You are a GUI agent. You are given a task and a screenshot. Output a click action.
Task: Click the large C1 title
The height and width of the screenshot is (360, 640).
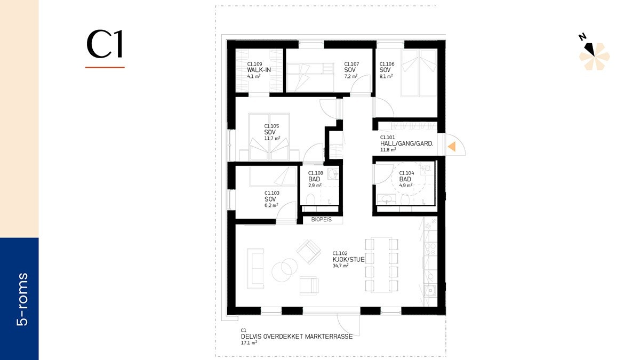(105, 45)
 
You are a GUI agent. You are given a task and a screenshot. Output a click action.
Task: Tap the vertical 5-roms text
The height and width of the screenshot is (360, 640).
(22, 299)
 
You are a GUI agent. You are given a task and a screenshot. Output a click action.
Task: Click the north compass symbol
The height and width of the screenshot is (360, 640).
(593, 54)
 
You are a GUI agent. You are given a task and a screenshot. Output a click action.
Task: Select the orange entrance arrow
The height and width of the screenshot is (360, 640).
(452, 147)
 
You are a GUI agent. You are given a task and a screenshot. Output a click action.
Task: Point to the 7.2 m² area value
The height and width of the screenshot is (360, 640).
(350, 76)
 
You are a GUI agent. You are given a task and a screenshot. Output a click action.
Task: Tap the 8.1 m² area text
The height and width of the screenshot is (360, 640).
(386, 76)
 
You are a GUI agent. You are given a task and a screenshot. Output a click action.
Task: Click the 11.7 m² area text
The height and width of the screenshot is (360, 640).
(271, 138)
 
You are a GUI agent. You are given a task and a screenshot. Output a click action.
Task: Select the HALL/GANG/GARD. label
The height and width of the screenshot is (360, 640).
(406, 144)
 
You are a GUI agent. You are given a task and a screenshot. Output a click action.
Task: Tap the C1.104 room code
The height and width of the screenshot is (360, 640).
(406, 173)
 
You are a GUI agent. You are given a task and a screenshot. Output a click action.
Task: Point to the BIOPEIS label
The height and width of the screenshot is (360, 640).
(322, 219)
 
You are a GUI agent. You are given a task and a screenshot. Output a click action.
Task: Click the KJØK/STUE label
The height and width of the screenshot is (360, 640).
(348, 260)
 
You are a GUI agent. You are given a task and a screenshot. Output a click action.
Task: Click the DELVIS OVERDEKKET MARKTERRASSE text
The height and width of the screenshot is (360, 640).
(297, 337)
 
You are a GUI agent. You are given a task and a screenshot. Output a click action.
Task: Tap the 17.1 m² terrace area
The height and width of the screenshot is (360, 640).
(249, 343)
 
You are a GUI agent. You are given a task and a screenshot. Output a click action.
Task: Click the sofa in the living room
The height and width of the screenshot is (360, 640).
(257, 267)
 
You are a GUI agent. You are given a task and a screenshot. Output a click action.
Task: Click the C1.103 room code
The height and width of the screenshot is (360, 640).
(272, 193)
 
